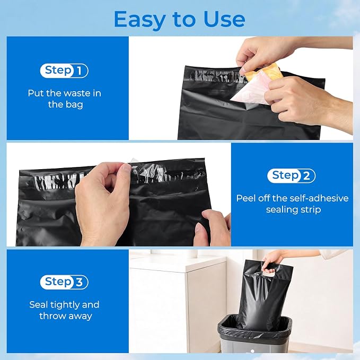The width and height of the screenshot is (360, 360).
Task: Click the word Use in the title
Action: click(224, 19)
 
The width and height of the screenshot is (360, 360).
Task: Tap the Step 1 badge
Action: click(64, 71)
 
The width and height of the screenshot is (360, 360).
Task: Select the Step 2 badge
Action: click(291, 176)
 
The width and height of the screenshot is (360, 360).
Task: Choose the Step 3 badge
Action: click(64, 282)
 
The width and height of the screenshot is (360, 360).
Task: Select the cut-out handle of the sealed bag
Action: click(268, 274)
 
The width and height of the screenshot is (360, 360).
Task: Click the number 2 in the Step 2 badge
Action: click(306, 176)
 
